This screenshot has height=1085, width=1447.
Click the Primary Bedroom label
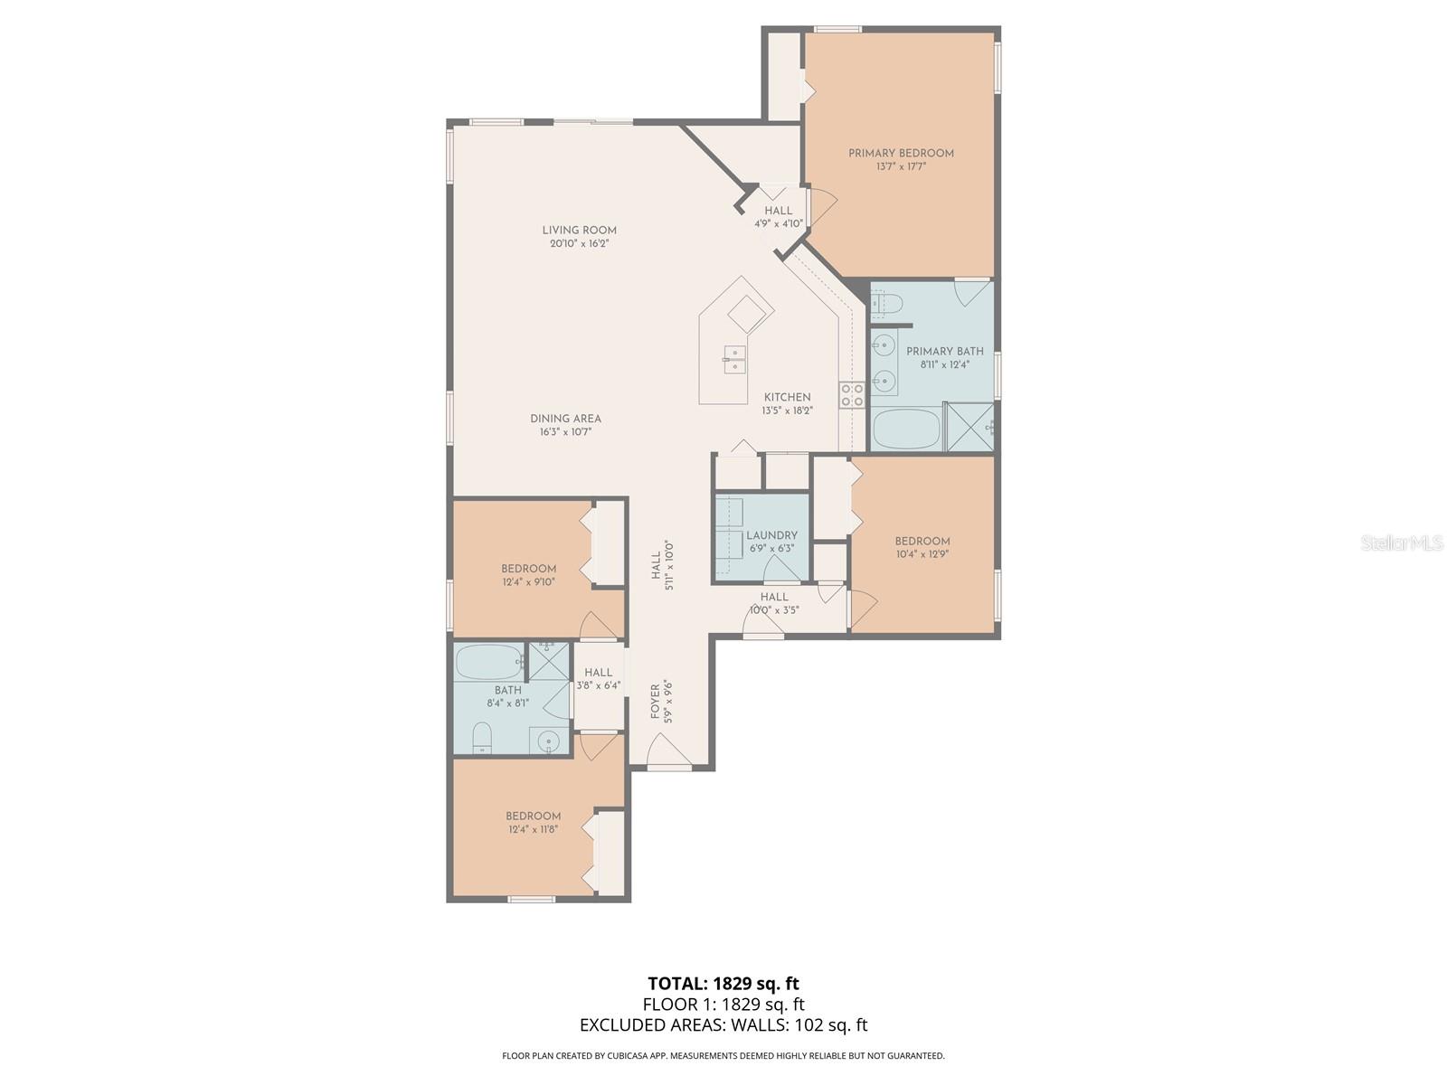click(901, 153)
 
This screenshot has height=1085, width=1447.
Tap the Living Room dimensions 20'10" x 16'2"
click(579, 243)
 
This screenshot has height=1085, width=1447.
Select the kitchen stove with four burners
click(852, 395)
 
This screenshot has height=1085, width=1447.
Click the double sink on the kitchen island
click(733, 359)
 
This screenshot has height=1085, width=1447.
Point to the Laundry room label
click(771, 535)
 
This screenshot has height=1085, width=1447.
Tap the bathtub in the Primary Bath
click(904, 429)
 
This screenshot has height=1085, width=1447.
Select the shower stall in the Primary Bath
click(969, 427)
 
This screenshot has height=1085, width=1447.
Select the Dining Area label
click(565, 419)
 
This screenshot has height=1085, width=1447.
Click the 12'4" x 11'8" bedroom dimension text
click(533, 829)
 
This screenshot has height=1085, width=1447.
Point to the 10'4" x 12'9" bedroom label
click(922, 542)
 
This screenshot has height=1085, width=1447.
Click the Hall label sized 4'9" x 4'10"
click(778, 211)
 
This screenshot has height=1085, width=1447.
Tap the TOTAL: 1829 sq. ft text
click(723, 983)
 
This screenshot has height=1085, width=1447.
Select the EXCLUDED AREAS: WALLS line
click(723, 1024)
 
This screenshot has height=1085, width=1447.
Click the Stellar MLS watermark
click(1402, 542)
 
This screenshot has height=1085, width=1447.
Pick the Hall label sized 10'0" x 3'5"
click(774, 597)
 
